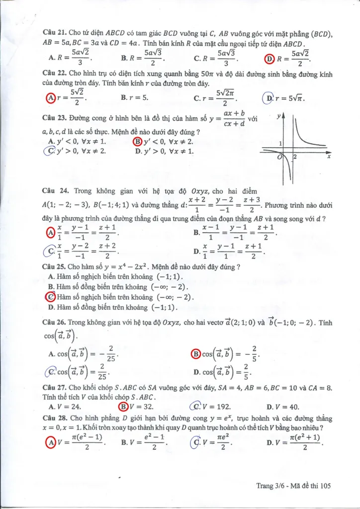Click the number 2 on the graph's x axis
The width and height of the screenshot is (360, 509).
coord(294,157)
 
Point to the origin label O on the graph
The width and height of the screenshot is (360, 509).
coord(280,157)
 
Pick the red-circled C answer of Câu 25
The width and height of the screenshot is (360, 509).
coord(50,297)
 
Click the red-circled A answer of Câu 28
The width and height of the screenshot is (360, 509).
coord(50,441)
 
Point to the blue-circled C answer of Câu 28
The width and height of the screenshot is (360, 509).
coord(196,441)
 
